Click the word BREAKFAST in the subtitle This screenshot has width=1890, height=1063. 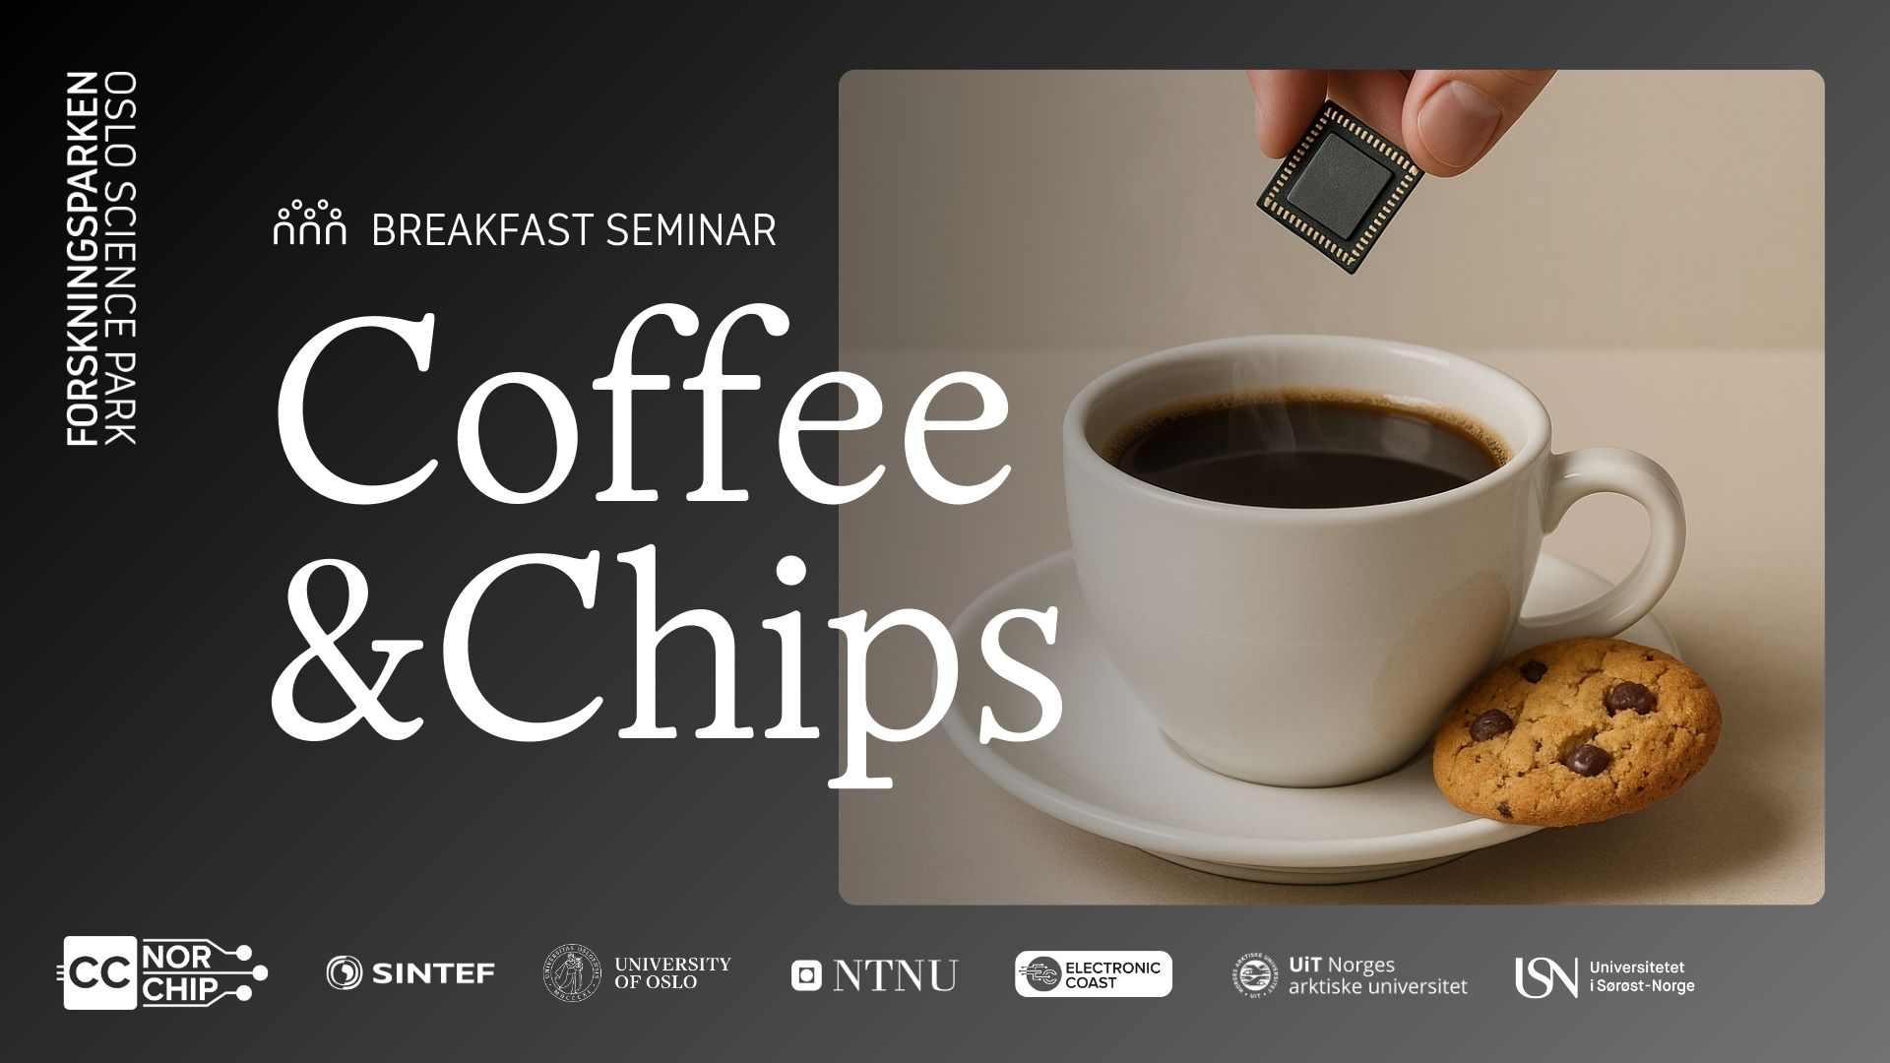click(482, 230)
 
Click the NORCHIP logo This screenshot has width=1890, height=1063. click(165, 973)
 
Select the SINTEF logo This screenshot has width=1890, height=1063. click(410, 973)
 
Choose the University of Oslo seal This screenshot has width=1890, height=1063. click(572, 973)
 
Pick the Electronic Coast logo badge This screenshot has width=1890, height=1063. click(1094, 973)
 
